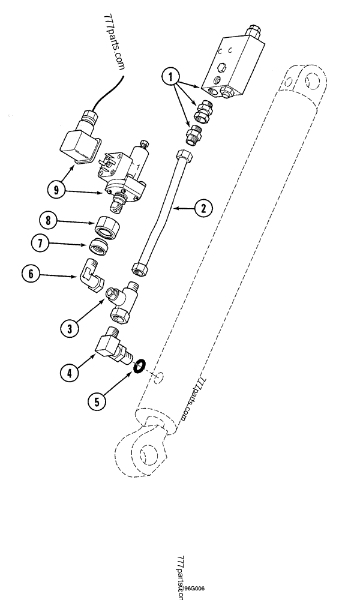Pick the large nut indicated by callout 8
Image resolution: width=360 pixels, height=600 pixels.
107,227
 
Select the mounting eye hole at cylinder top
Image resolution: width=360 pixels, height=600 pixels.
311,80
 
